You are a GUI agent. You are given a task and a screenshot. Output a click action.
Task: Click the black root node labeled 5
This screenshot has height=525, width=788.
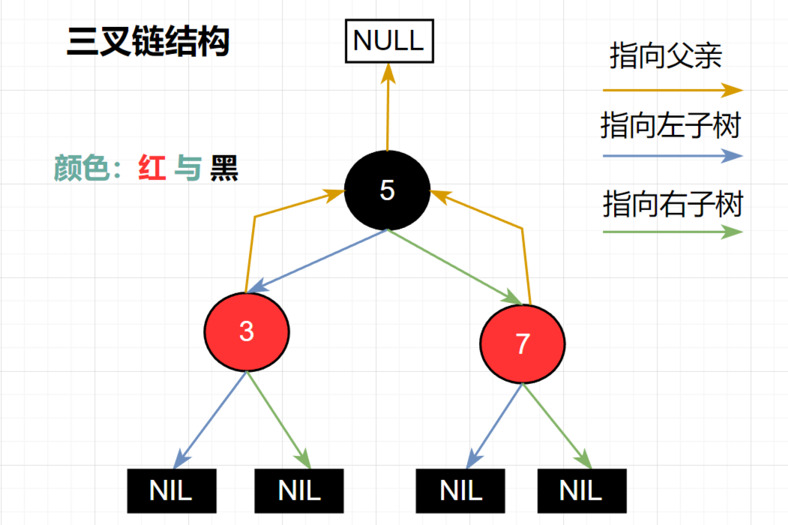[387, 190]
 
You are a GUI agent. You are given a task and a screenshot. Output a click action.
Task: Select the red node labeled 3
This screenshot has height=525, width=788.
[247, 331]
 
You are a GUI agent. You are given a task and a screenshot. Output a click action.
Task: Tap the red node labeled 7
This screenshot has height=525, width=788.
[523, 343]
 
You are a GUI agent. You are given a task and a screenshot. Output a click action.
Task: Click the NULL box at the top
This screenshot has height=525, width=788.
[388, 41]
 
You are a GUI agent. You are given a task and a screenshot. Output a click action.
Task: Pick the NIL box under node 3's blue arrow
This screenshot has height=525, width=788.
[171, 490]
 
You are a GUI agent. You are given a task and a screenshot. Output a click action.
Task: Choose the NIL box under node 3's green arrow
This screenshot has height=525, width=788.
[299, 490]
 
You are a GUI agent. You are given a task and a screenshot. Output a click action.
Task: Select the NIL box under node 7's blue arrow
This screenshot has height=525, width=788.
[461, 490]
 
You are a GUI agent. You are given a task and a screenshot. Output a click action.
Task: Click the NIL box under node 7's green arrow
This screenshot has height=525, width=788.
[581, 490]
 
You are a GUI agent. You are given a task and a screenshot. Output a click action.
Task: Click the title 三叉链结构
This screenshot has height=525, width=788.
[148, 42]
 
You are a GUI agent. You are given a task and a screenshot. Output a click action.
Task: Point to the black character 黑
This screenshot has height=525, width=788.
[224, 168]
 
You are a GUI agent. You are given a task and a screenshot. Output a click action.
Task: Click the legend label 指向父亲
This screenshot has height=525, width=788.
[666, 56]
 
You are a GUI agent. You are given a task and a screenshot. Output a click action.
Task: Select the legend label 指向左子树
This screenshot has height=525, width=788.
[670, 125]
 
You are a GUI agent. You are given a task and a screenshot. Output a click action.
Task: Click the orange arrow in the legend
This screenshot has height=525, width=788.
[673, 90]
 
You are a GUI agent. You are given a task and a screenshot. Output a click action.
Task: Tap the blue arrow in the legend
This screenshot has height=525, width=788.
[673, 157]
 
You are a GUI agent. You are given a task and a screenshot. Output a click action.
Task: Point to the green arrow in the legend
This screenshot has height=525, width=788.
[673, 232]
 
